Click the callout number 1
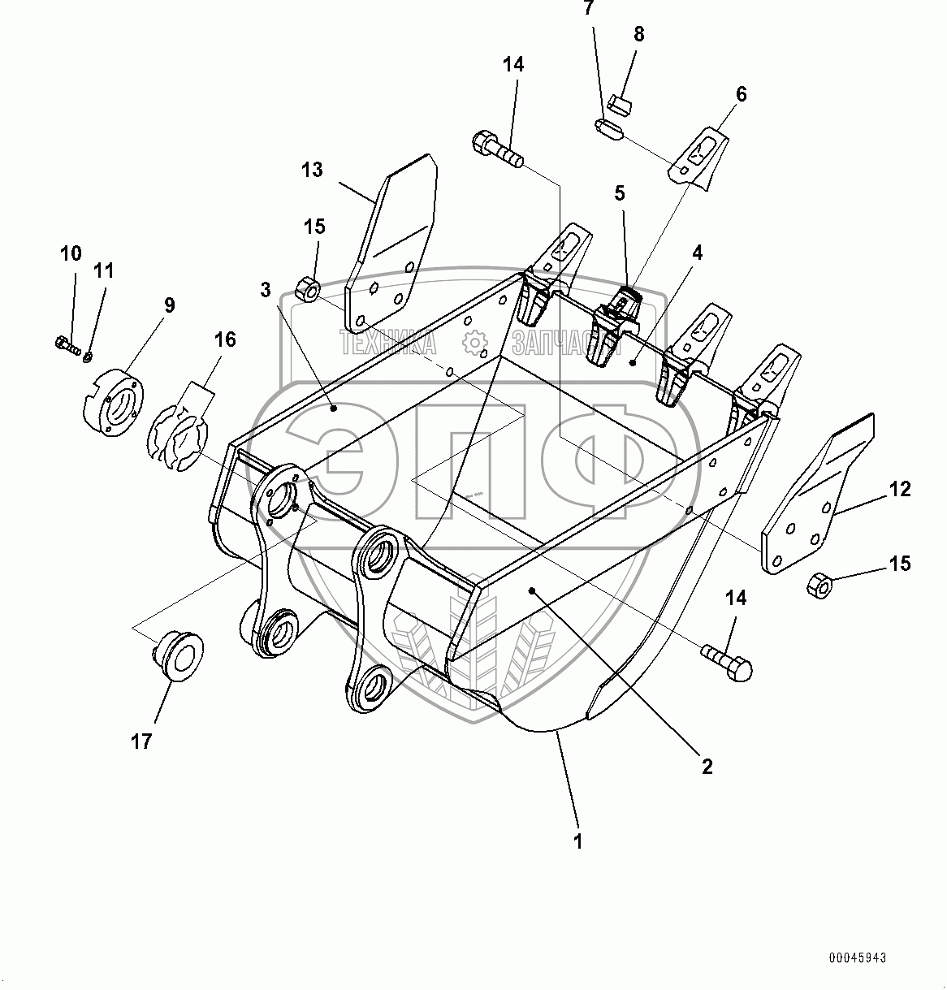coord(578,842)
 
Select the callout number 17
coord(141,741)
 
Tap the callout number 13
coord(312,170)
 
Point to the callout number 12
coord(900,490)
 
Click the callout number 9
coord(169,305)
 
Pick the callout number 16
coord(225,339)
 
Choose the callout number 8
coord(639,34)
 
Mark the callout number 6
coord(740,93)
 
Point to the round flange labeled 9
coord(115,401)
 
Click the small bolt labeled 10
coord(68,347)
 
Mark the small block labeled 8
coord(621,102)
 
